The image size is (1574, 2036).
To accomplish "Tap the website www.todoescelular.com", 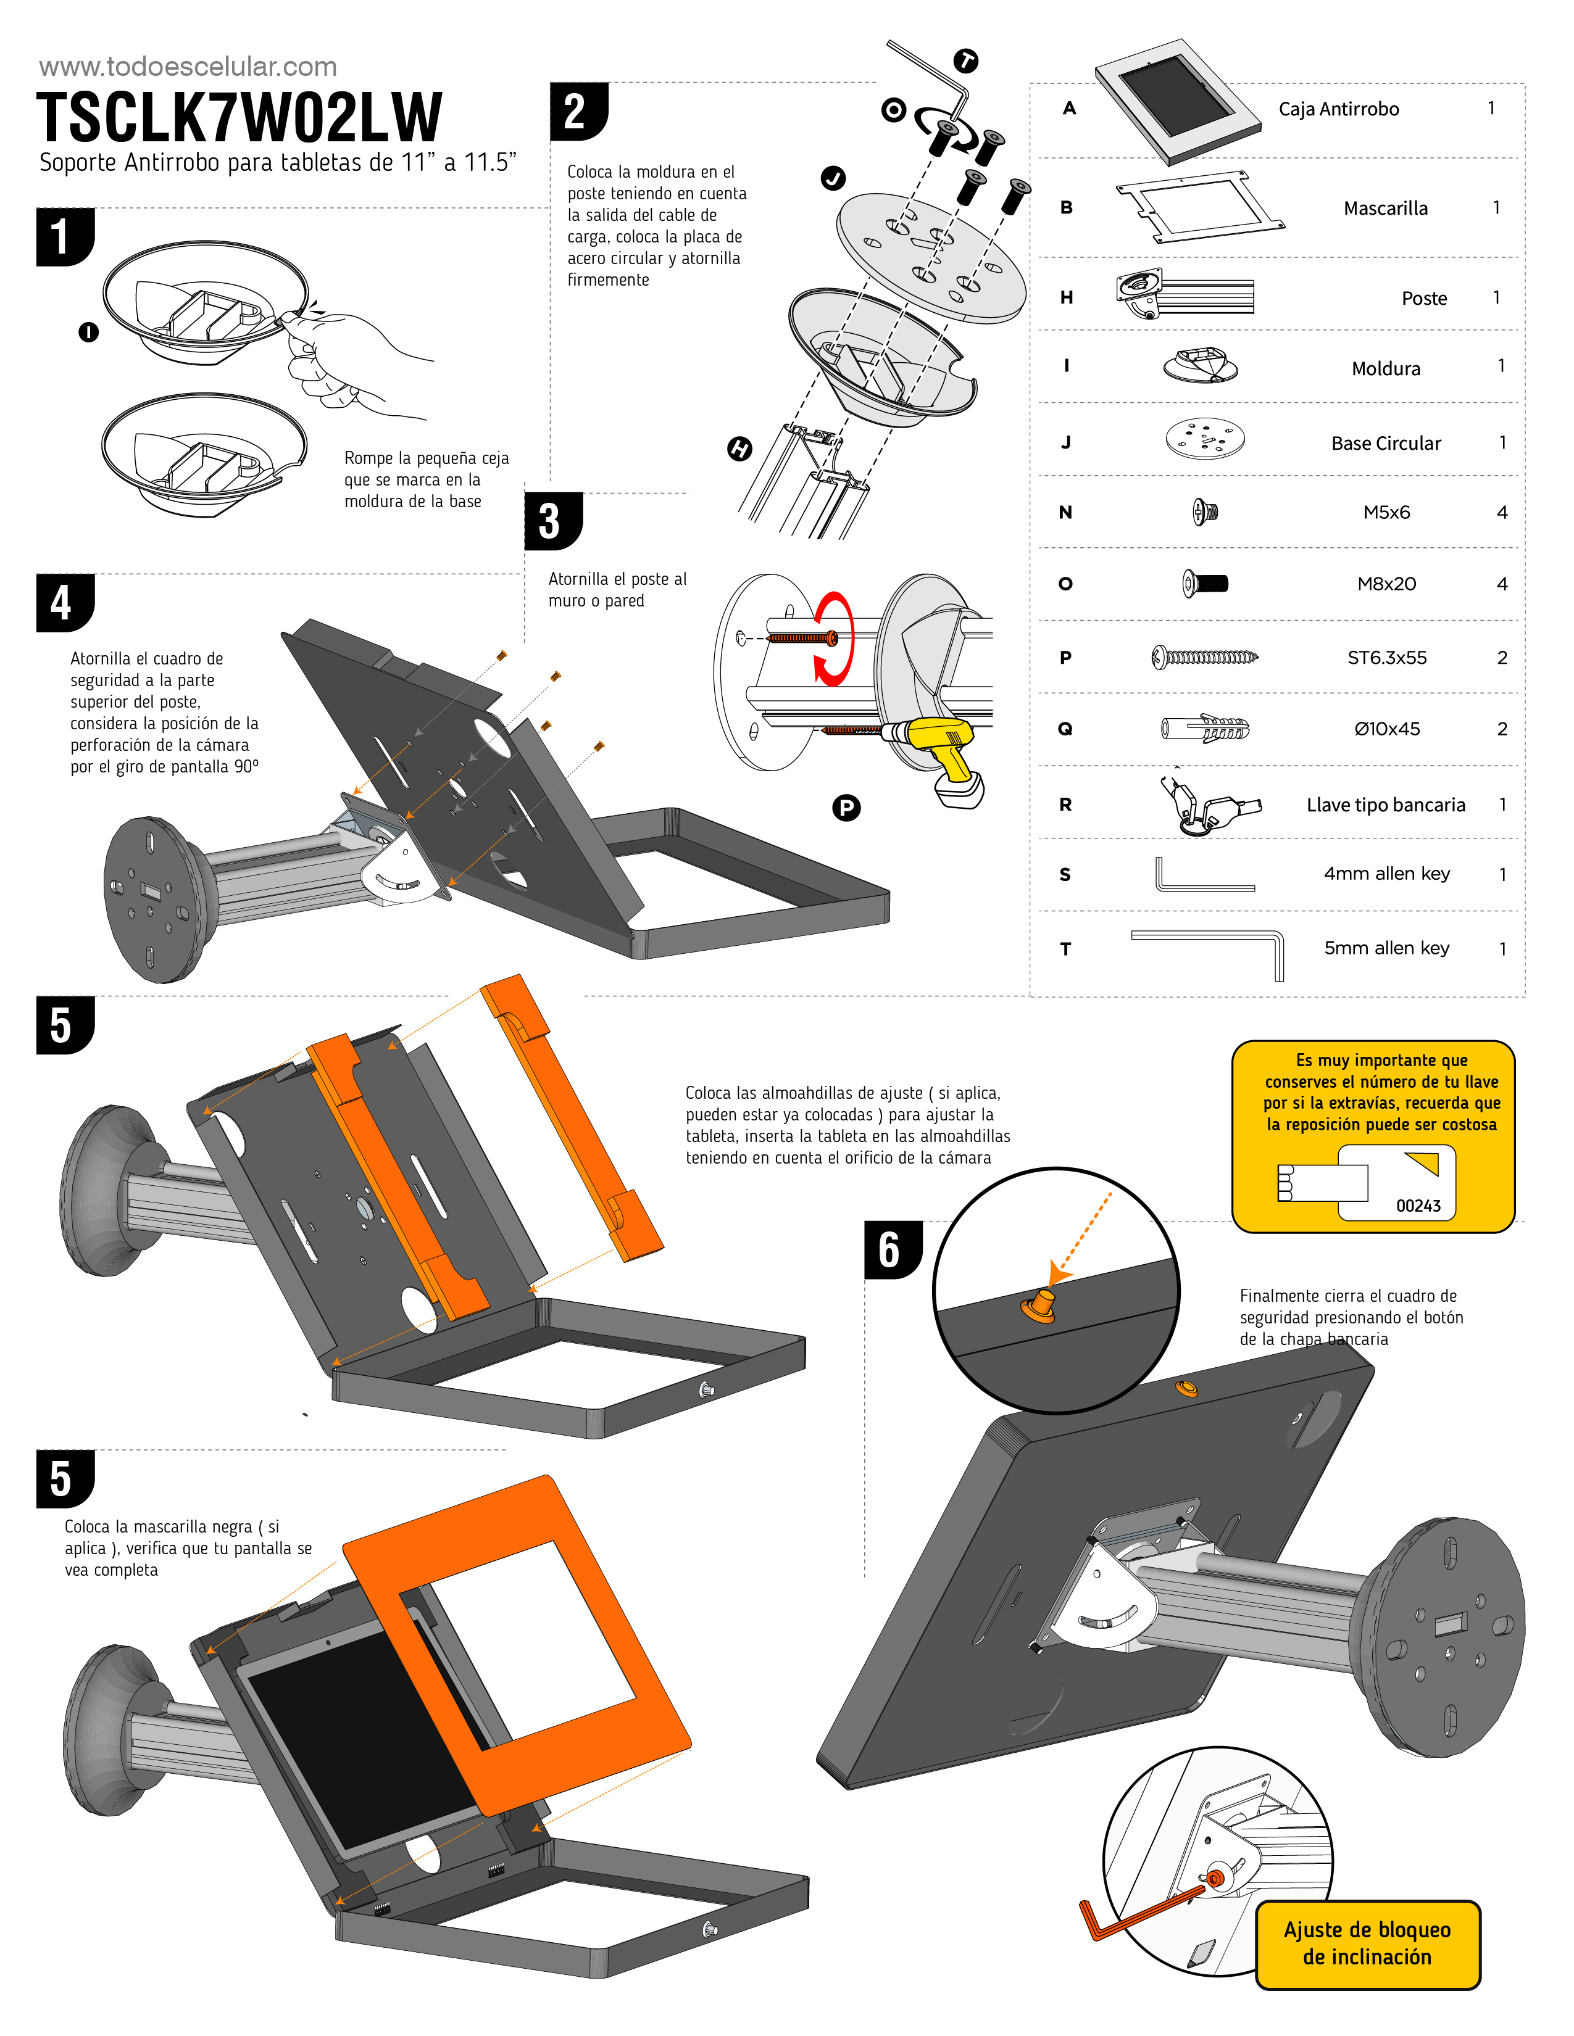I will (188, 66).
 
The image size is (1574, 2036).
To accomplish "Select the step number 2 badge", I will (577, 111).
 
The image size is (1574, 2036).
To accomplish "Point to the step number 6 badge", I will (891, 1249).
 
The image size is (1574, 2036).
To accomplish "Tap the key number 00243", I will (1417, 1206).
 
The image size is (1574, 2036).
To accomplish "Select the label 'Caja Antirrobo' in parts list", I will (1338, 109).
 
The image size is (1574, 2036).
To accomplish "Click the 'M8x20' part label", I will (1386, 584).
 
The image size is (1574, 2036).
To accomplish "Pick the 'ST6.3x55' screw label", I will (1386, 657).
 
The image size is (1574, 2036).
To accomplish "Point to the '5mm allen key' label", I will (1386, 948).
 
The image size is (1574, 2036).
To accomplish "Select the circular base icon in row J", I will (1205, 438).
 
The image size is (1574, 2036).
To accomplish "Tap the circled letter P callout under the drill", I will (846, 808).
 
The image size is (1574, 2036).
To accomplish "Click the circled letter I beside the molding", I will (89, 332).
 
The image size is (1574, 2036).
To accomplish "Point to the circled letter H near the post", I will (739, 449).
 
